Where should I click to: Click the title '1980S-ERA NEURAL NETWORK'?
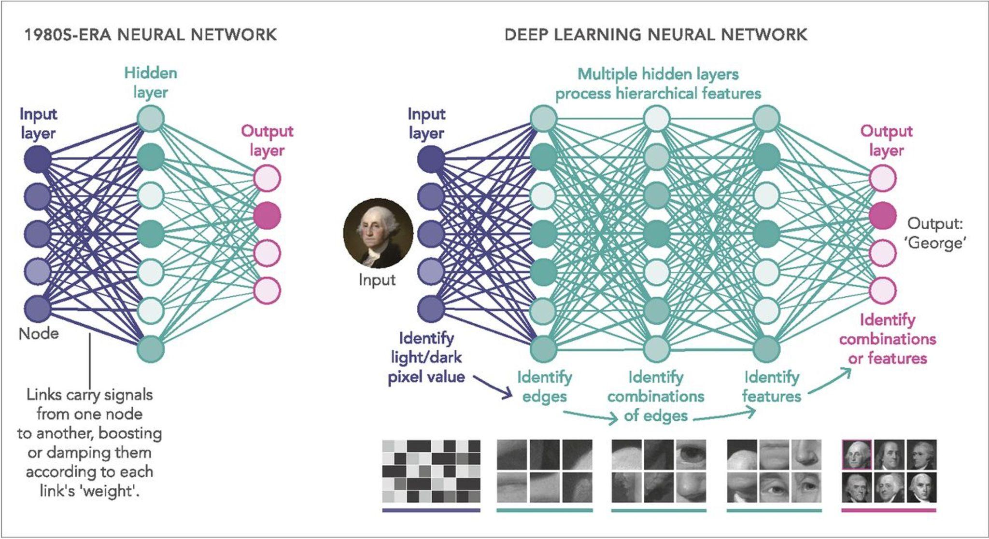click(150, 35)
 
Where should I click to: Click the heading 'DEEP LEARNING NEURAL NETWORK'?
click(655, 35)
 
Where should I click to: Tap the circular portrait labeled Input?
click(378, 234)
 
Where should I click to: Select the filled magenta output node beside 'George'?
click(883, 215)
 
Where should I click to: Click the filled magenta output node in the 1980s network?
click(267, 215)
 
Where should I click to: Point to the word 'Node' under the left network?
click(39, 333)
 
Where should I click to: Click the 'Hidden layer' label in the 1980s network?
click(151, 83)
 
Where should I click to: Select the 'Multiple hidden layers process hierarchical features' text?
click(658, 83)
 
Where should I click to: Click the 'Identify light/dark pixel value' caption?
click(426, 358)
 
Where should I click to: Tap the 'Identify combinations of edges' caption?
click(655, 396)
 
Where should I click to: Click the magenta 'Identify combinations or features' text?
click(887, 339)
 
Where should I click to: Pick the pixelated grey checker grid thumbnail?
click(431, 471)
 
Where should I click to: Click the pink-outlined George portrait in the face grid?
click(857, 455)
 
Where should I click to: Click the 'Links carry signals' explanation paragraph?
click(89, 442)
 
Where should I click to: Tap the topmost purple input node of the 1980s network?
click(38, 158)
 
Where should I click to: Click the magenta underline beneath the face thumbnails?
click(889, 510)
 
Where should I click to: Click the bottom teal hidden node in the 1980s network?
click(151, 349)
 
